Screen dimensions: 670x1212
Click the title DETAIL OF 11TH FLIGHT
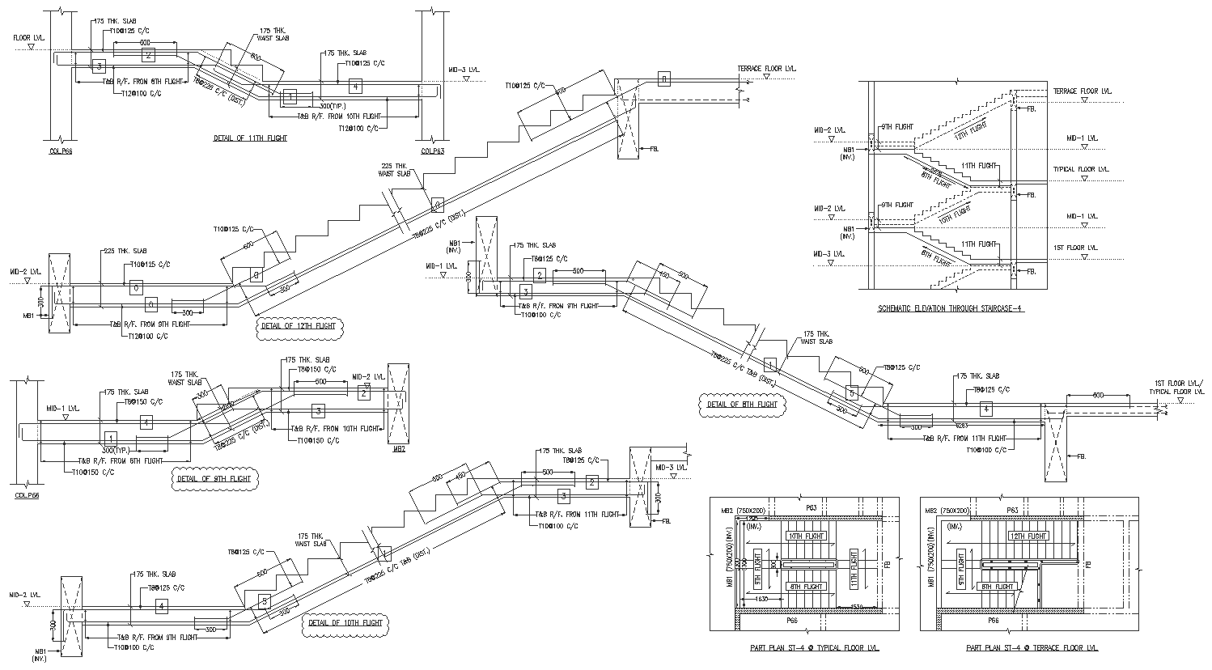click(250, 138)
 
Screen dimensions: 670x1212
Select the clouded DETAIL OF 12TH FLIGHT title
click(298, 327)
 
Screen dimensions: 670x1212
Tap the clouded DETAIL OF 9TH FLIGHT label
click(214, 479)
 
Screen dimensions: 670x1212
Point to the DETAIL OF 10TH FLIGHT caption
click(345, 623)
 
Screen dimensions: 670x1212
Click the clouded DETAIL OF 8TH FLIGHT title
click(742, 405)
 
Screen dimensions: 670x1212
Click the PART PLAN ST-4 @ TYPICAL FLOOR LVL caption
click(804, 648)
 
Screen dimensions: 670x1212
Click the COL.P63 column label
click(433, 151)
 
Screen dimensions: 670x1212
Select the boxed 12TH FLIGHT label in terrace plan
click(1028, 536)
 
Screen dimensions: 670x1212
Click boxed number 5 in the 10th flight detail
click(264, 600)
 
